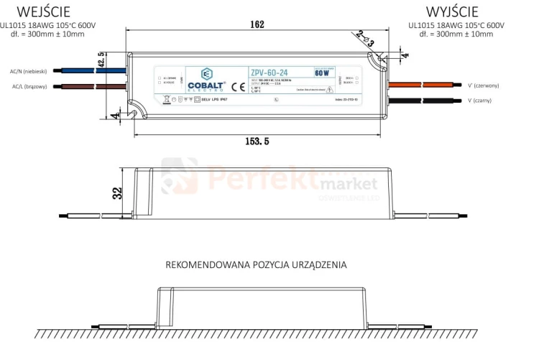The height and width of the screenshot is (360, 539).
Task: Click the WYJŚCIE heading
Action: (x=451, y=11)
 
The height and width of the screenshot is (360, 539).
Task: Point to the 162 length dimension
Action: (x=257, y=24)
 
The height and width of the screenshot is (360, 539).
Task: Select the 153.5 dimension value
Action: (x=257, y=142)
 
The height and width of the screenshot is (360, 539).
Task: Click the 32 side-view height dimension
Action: (x=117, y=193)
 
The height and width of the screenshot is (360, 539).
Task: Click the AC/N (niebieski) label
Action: (x=29, y=71)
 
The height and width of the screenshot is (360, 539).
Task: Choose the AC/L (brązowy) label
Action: (x=29, y=87)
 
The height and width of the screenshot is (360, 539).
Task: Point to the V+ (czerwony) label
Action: (x=483, y=85)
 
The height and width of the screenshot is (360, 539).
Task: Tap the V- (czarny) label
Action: (x=479, y=101)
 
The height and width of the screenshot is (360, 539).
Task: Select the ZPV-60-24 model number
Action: (x=270, y=72)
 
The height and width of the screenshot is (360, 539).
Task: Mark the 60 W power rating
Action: (x=321, y=73)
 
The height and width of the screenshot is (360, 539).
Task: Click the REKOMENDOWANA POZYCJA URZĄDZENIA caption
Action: (x=256, y=264)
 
